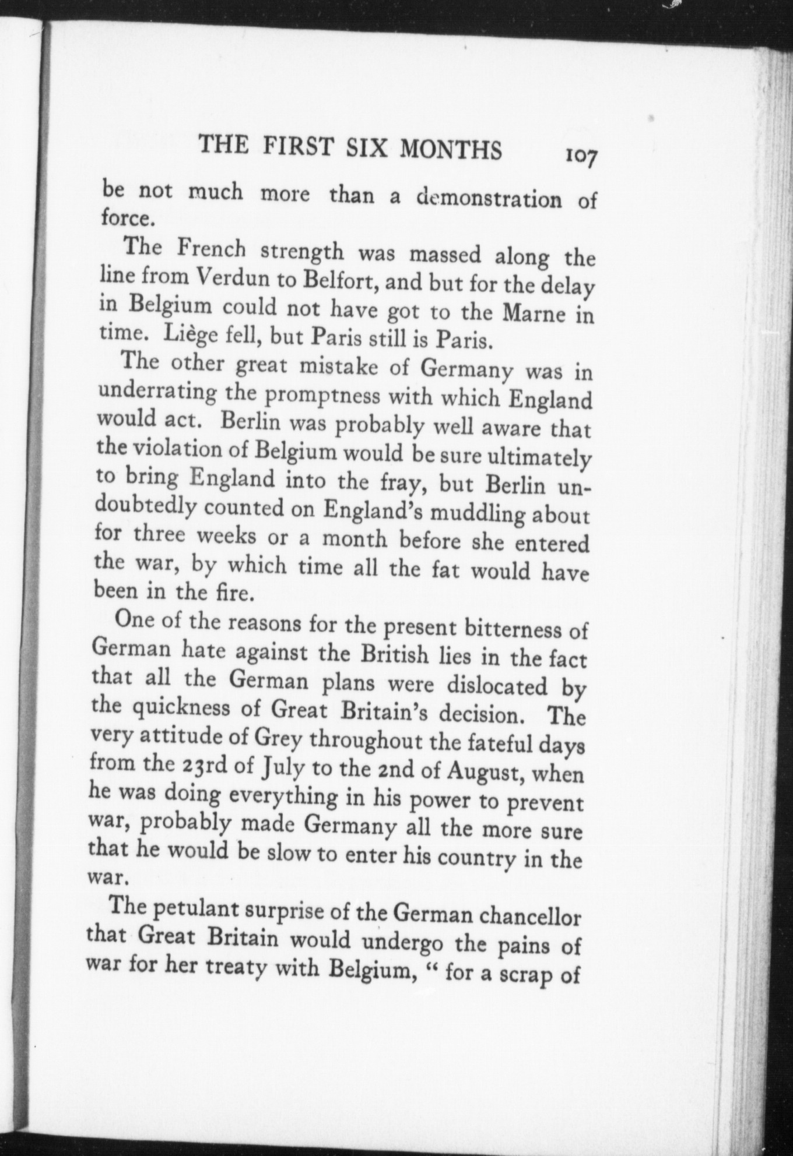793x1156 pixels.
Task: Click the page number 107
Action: (x=578, y=157)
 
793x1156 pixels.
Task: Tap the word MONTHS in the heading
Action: (x=451, y=149)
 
